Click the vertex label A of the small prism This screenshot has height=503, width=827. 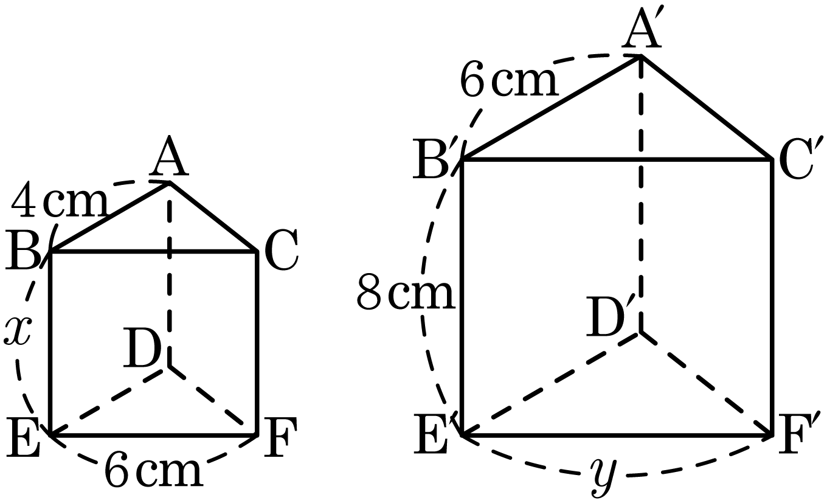coord(169,156)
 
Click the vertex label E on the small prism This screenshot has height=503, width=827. coord(23,437)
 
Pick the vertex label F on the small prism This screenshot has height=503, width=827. coord(280,437)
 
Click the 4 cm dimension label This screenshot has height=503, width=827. coord(59,199)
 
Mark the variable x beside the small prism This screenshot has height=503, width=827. coord(17,330)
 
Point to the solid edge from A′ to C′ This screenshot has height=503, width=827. coord(707,108)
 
